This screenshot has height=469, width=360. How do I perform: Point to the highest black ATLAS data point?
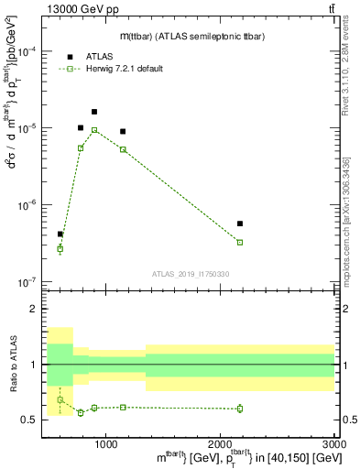click(94, 112)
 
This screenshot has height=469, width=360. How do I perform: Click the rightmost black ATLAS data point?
click(240, 224)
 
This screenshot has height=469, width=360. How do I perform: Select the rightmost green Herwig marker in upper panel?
click(240, 242)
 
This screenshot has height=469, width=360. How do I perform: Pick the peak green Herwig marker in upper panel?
click(94, 130)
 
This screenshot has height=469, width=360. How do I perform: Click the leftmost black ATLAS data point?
click(60, 234)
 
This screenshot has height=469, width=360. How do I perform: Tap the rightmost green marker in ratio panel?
click(240, 409)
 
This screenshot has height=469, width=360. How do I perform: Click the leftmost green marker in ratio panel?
click(60, 399)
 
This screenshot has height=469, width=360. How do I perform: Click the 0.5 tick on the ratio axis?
click(33, 420)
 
